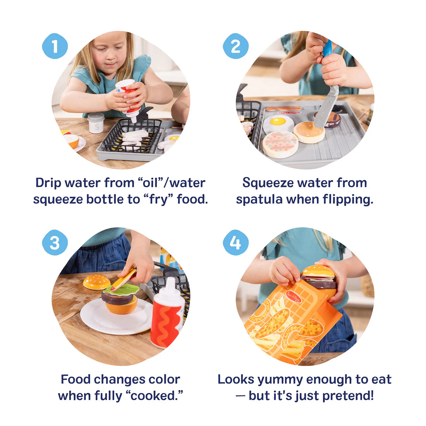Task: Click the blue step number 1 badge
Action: (55, 46)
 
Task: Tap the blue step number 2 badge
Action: (235, 46)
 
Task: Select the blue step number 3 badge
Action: (55, 242)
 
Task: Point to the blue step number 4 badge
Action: (235, 242)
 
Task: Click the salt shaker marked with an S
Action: (96, 123)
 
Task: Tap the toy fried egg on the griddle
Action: (278, 123)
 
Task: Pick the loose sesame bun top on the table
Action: (96, 282)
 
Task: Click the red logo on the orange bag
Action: (294, 297)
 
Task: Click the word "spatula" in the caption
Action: (261, 199)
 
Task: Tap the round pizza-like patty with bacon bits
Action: (280, 144)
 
